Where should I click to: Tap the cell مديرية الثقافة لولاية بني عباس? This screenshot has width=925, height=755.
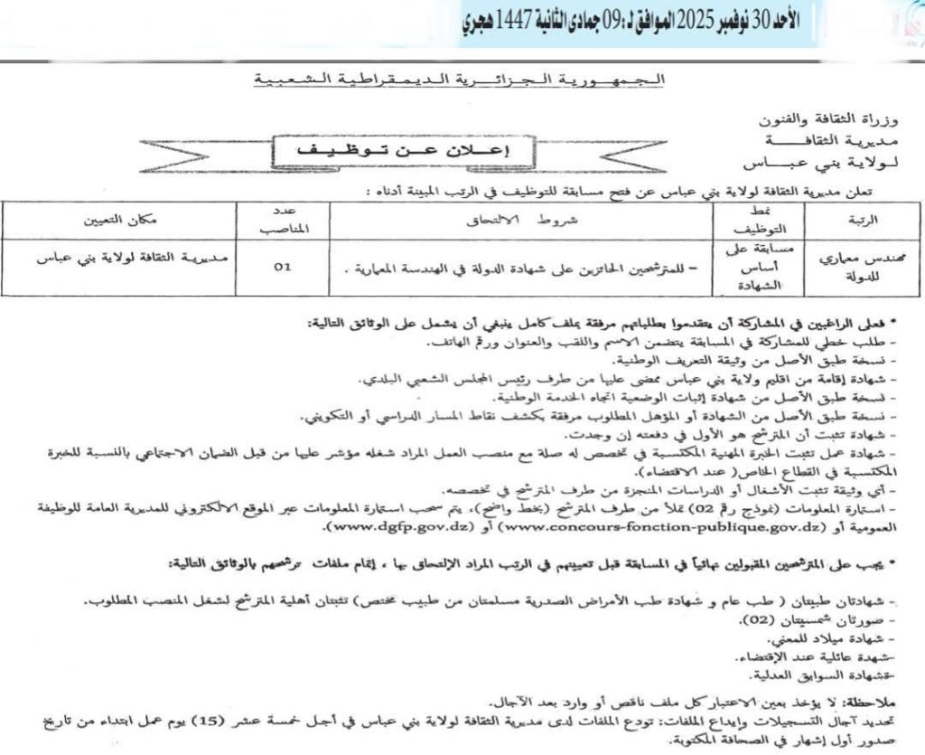coord(134,258)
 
